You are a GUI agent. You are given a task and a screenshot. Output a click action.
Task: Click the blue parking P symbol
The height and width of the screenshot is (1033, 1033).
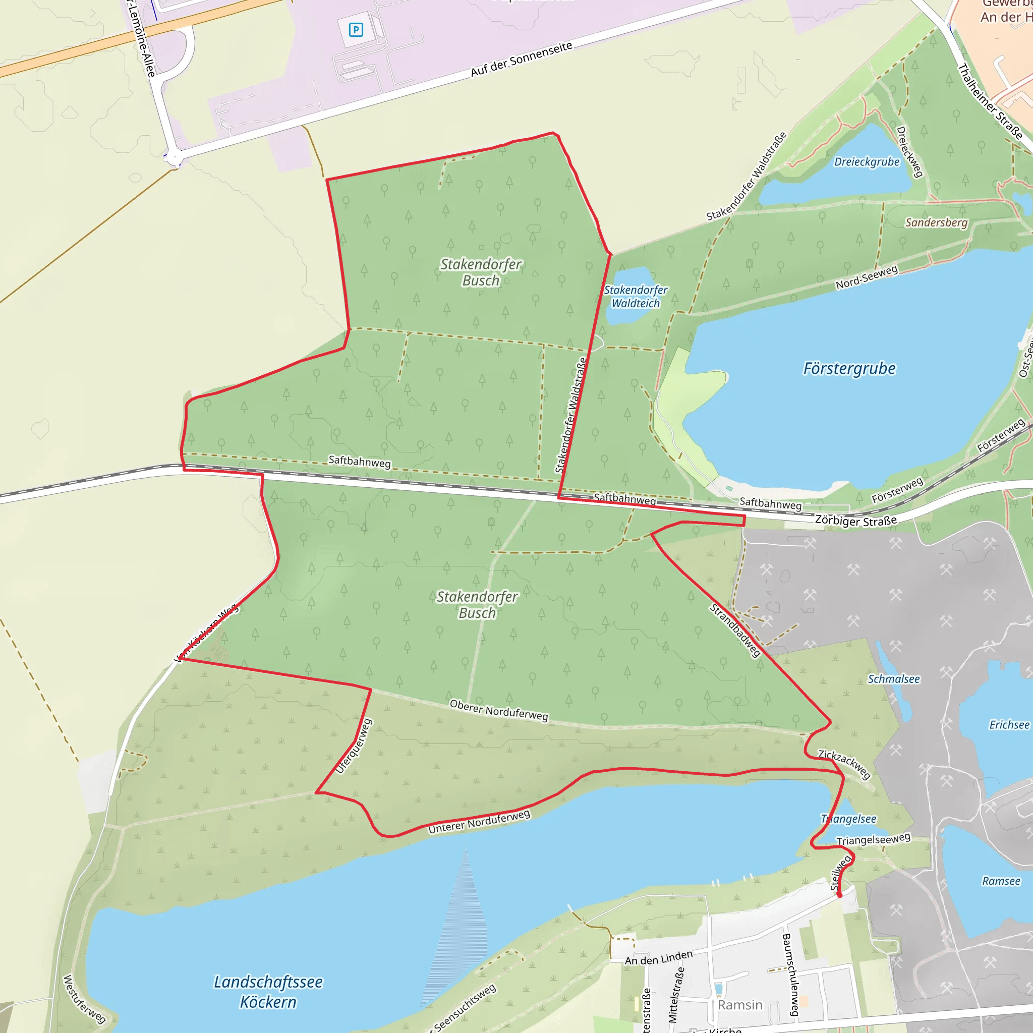coord(356,30)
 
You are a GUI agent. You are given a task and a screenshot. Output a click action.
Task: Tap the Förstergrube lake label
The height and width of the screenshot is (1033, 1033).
coord(849,369)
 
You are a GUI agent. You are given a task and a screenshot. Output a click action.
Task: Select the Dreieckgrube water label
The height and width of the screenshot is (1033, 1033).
coord(867,162)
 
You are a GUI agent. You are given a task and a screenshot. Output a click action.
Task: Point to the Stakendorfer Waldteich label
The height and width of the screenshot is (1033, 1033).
coord(636,297)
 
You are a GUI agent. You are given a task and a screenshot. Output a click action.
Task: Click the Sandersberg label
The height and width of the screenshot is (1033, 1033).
coord(936,222)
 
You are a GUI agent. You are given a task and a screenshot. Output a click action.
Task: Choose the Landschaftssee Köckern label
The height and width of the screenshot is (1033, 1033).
coord(268,992)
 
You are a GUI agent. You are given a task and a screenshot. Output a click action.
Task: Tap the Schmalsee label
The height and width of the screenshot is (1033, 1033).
coord(893,679)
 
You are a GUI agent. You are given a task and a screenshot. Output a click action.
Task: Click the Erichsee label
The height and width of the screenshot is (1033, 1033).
coord(1009,725)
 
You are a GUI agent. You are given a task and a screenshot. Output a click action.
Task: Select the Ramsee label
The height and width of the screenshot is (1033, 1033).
coord(1001,881)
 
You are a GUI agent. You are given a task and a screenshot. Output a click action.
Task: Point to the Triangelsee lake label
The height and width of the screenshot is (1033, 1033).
coord(848,819)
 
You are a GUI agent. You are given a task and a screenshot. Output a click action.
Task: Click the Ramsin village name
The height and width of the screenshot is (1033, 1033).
coord(740,1005)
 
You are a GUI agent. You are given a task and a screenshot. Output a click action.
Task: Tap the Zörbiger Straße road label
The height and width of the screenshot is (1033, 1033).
coord(855,521)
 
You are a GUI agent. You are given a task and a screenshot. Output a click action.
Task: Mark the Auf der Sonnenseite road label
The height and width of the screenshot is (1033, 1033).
coord(522,60)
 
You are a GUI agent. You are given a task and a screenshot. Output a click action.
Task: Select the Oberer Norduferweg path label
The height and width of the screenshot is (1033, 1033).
coord(499,710)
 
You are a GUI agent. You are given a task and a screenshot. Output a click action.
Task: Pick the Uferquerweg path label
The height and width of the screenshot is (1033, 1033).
coord(354,747)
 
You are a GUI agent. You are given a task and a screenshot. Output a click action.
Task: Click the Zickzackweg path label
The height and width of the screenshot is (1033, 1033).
coord(844,764)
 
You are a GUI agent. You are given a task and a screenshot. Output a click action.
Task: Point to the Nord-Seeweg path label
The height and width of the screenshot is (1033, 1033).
coord(867,277)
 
